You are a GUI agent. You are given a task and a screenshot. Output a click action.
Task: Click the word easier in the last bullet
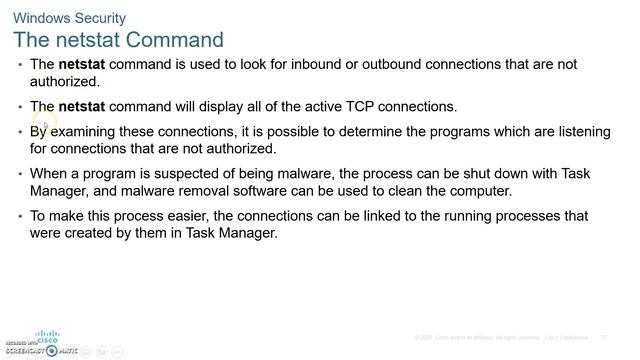[x=182, y=216]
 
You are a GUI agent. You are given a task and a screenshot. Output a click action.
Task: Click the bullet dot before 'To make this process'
[x=21, y=216]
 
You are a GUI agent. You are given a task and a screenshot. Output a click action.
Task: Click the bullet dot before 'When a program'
[x=21, y=174]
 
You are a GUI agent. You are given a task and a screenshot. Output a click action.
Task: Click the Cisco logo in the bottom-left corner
[x=47, y=337]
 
